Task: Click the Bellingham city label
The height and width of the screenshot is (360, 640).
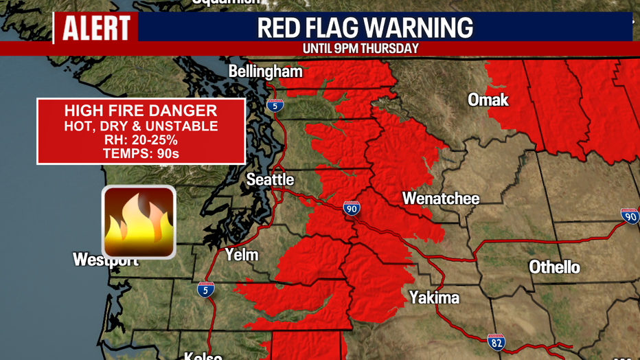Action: pos(265,71)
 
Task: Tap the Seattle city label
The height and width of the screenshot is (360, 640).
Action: pos(271,180)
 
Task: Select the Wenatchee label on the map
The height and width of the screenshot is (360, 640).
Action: pos(440,199)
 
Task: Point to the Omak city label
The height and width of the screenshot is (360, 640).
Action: pos(488,100)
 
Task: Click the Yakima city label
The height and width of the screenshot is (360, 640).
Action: pos(434,297)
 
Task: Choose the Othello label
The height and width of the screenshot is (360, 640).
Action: pos(554,267)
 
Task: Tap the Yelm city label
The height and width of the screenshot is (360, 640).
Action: pos(242,255)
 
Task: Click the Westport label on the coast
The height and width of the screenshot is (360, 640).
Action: pos(106,260)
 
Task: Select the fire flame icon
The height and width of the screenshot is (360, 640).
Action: pos(139,222)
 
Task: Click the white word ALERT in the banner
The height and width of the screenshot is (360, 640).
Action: pos(96,28)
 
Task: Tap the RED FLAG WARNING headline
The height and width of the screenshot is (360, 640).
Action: pos(365,28)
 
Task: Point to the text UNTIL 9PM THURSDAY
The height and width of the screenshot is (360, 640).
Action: pos(361,49)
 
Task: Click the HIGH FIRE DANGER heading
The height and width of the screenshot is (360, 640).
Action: pos(141,111)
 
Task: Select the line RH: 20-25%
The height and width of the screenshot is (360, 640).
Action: pos(141,140)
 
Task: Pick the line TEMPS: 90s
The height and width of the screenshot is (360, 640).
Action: pos(141,154)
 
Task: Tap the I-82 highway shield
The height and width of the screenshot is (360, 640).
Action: pos(496,341)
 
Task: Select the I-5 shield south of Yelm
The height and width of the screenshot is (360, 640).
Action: pos(205,289)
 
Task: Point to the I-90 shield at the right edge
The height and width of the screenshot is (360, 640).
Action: pos(629,216)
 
